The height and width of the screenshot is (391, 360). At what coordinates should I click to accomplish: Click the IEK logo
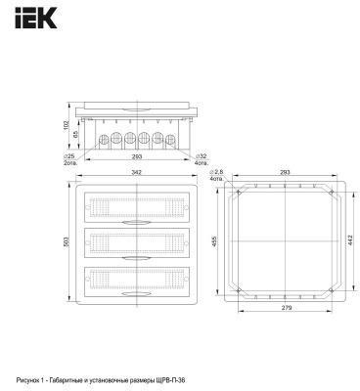(36, 19)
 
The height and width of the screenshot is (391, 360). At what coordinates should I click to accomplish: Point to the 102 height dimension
(67, 124)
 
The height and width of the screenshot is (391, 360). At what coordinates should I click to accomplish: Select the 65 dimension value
(75, 135)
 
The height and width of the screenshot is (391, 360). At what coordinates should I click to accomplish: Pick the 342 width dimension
(137, 172)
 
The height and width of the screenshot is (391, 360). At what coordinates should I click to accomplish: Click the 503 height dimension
(67, 241)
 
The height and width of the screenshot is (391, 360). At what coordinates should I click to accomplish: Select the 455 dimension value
(214, 241)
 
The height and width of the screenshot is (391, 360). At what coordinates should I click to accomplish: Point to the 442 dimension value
(350, 240)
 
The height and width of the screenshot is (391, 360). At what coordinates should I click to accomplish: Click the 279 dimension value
(284, 308)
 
